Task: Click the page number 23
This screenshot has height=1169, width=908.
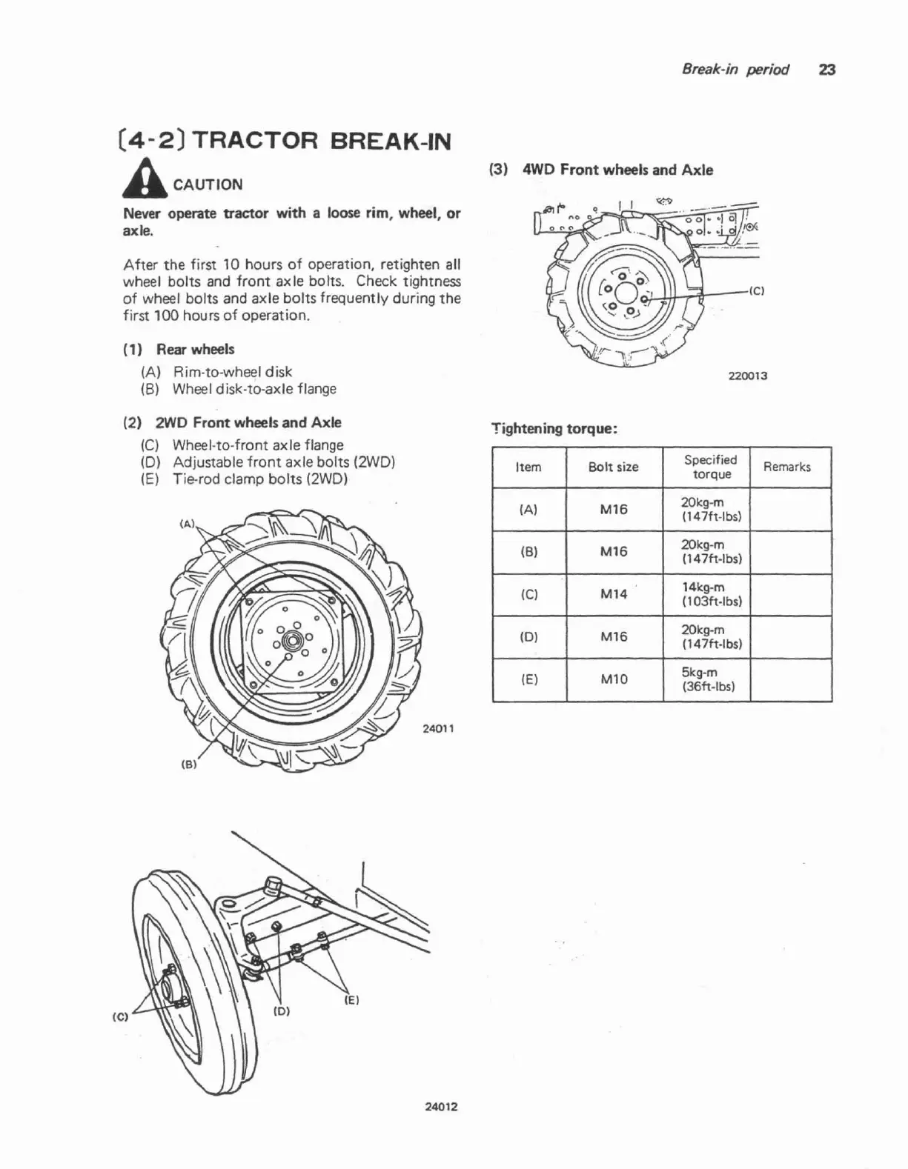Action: tap(827, 70)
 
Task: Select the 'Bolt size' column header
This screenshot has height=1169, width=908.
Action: tap(613, 467)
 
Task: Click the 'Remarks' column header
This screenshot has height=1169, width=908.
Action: tap(786, 467)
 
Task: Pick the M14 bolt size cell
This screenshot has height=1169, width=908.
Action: tap(613, 594)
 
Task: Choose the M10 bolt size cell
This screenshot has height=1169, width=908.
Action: tap(613, 679)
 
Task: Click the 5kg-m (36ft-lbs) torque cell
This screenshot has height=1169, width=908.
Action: tap(707, 679)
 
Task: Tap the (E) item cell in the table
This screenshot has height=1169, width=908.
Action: tap(528, 679)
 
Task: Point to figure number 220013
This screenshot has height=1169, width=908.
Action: tap(747, 376)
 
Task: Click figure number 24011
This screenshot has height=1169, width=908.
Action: tap(437, 728)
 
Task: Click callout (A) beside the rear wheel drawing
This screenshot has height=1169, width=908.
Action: tap(188, 524)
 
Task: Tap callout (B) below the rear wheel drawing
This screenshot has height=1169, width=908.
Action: tap(188, 765)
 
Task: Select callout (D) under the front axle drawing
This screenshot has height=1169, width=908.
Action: tap(282, 1011)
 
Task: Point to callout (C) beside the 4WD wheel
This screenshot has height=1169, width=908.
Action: tap(756, 291)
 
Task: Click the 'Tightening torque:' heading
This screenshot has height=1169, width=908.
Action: tap(554, 428)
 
